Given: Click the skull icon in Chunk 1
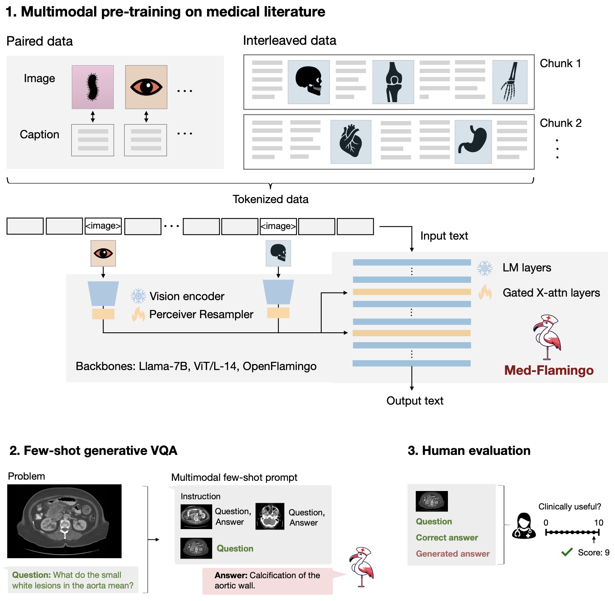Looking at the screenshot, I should tap(309, 82).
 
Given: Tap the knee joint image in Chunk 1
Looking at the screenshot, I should tap(393, 82).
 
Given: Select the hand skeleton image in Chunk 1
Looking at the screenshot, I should tap(509, 82).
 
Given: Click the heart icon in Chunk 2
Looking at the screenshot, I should tap(351, 141).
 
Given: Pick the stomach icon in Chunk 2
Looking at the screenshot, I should tap(473, 141).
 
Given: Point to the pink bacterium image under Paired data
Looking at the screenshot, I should tap(93, 87).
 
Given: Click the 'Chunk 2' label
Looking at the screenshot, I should tap(560, 123).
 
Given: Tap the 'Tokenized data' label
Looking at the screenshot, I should tap(270, 199).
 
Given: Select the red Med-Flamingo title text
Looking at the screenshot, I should tap(549, 370).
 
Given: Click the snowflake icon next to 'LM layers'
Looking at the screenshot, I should tap(485, 268).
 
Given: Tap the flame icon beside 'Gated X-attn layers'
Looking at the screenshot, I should tap(485, 293).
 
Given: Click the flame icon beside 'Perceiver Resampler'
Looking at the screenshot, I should tap(138, 314).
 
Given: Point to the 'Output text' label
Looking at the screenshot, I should tap(415, 401).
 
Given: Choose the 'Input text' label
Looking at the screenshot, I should tap(444, 236).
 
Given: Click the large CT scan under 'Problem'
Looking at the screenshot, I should tap(64, 521).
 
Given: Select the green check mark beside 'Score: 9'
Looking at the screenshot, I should tap(567, 552).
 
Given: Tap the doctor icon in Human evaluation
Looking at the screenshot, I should tap(524, 526).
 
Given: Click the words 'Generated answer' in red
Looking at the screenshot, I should tap(453, 553).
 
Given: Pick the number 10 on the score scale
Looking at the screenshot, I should tap(599, 522).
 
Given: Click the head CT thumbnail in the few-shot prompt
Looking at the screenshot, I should tap(270, 516).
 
